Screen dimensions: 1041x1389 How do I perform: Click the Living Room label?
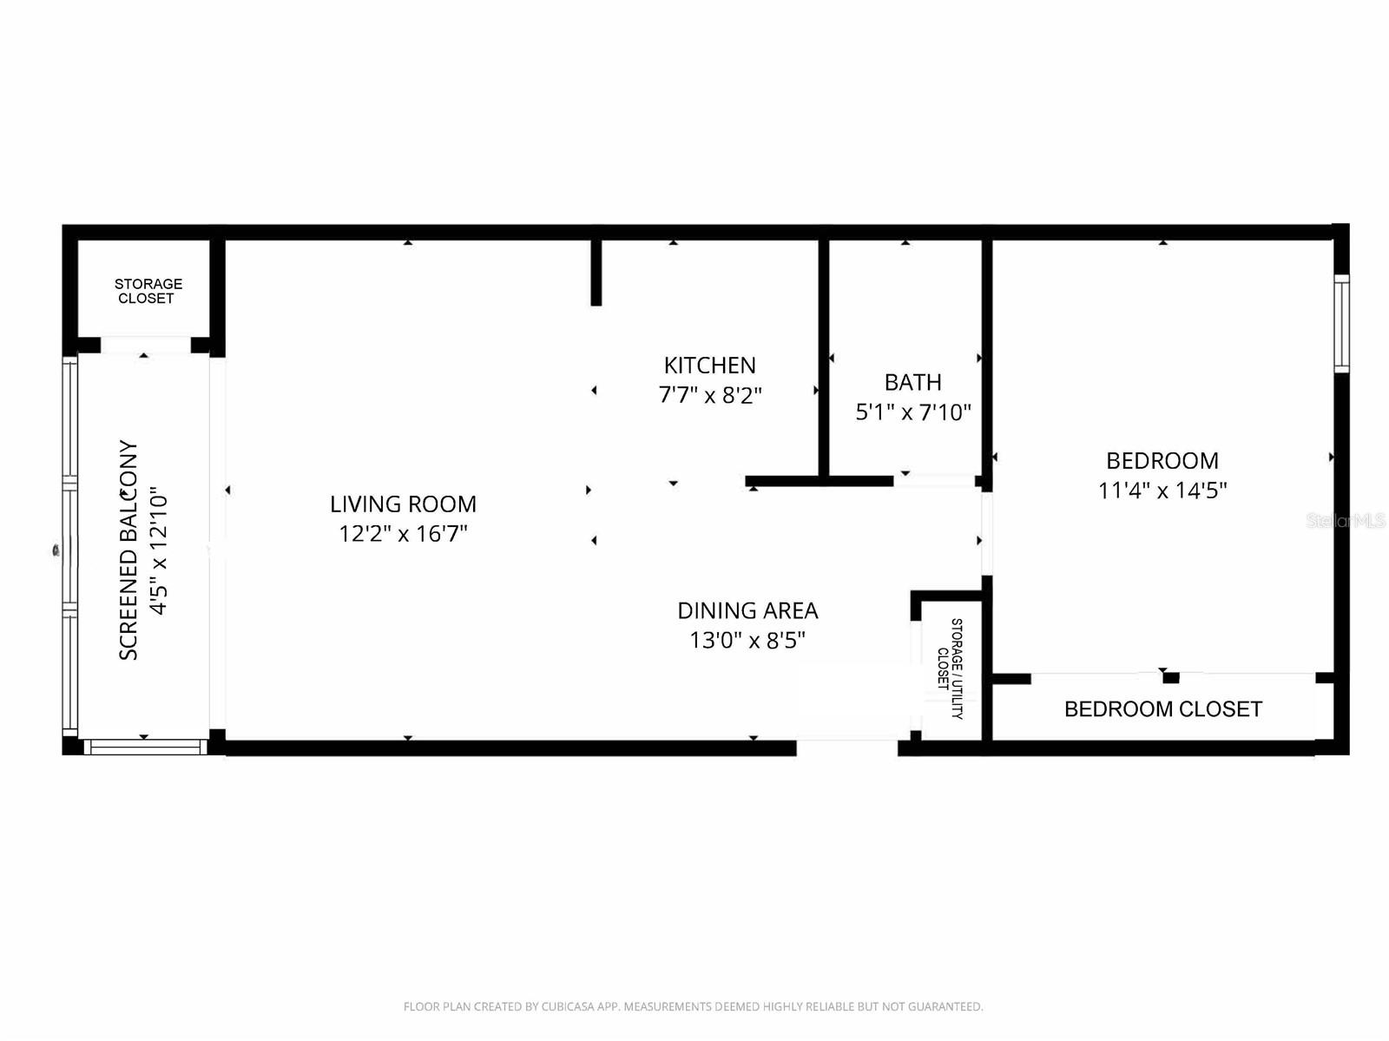point(403,504)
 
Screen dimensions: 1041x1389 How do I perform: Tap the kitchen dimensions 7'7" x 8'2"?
point(710,395)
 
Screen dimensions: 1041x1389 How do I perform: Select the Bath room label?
point(912,382)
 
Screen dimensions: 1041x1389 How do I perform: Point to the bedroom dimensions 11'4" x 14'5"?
point(1162,491)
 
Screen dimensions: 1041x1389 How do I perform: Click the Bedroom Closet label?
point(1162,709)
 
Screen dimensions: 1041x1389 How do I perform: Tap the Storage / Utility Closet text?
point(951,668)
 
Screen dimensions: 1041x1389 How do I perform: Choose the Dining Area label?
point(747,610)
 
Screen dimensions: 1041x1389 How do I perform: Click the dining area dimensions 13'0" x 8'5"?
point(747,641)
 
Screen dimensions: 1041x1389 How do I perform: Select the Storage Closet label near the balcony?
point(148,291)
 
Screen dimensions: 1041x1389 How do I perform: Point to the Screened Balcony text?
point(128,550)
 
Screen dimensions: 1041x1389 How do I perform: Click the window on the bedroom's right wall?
point(1341,323)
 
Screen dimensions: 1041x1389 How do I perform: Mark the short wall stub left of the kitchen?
point(596,271)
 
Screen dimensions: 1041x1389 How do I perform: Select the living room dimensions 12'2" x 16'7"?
point(403,533)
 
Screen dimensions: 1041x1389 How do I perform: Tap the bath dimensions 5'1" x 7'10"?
point(912,412)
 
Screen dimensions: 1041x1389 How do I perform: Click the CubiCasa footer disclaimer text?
point(693,1007)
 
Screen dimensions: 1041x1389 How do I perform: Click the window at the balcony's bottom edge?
point(145,747)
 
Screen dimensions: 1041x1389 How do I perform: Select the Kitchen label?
point(710,366)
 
